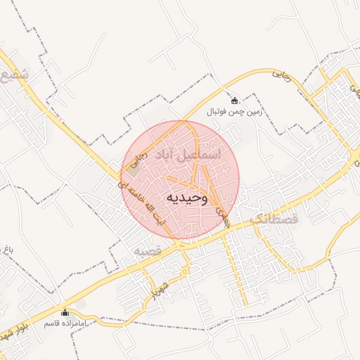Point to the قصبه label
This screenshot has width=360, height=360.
coord(148,251)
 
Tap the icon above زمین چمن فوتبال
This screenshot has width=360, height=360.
coord(234,101)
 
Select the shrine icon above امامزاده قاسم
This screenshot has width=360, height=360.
coord(65,312)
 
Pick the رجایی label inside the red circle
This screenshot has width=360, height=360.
coord(141,160)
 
